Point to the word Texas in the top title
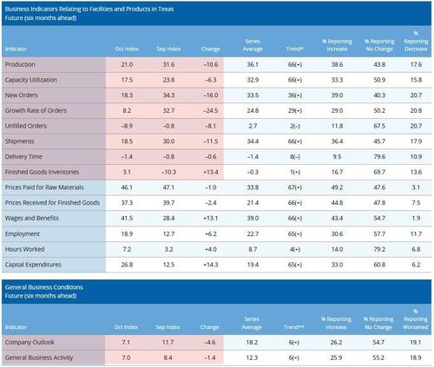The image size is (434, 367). pyautogui.click(x=176, y=7)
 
